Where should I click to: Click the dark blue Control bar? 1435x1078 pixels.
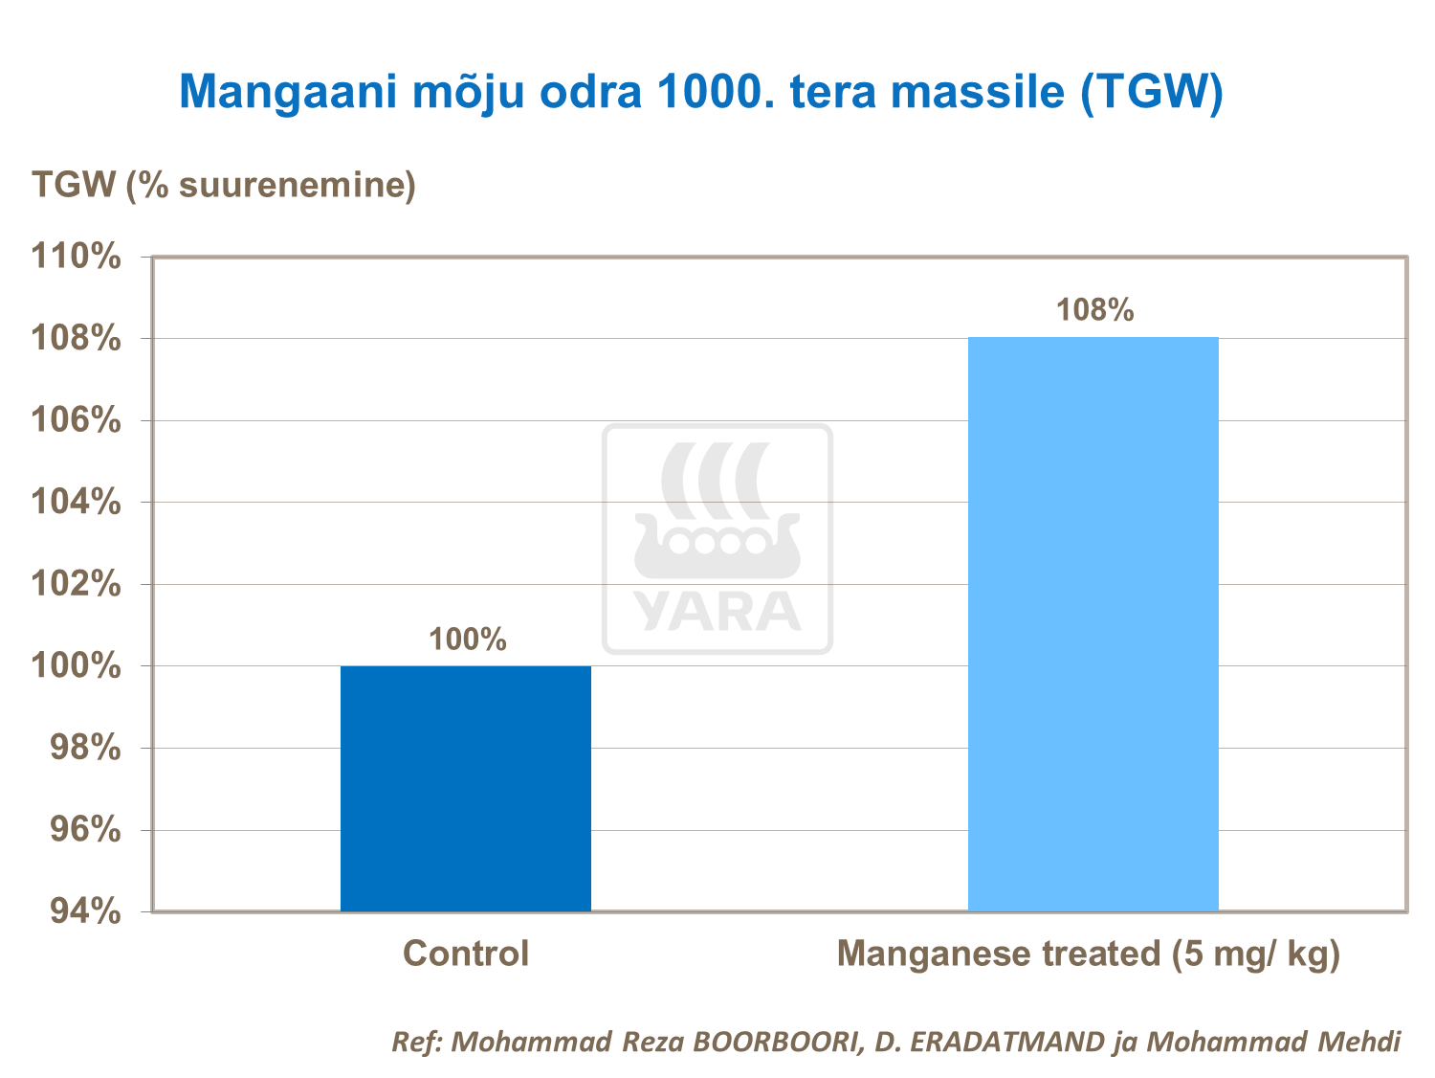click(x=466, y=788)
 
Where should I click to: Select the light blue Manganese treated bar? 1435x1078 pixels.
click(x=1093, y=623)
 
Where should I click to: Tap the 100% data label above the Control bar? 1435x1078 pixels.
click(x=467, y=640)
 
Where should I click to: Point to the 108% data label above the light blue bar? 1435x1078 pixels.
click(x=1094, y=310)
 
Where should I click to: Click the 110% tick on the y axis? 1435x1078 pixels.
click(x=77, y=257)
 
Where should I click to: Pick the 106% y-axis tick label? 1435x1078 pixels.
click(x=77, y=419)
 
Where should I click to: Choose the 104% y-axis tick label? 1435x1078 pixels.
click(x=77, y=502)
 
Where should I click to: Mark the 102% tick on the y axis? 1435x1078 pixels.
click(x=77, y=583)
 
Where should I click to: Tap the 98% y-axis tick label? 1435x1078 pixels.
click(x=84, y=748)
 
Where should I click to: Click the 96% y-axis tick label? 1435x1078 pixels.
click(x=84, y=829)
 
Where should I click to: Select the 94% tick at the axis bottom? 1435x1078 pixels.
click(x=84, y=911)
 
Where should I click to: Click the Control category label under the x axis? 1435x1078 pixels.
click(x=466, y=954)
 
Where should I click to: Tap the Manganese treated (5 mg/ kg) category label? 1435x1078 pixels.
click(x=1088, y=954)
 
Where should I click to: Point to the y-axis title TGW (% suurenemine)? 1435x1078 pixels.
click(x=224, y=184)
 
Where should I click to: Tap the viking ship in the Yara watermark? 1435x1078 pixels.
click(x=717, y=517)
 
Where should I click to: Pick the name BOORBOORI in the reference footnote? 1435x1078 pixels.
click(x=774, y=1042)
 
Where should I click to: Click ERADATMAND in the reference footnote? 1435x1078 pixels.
click(x=1004, y=1042)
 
